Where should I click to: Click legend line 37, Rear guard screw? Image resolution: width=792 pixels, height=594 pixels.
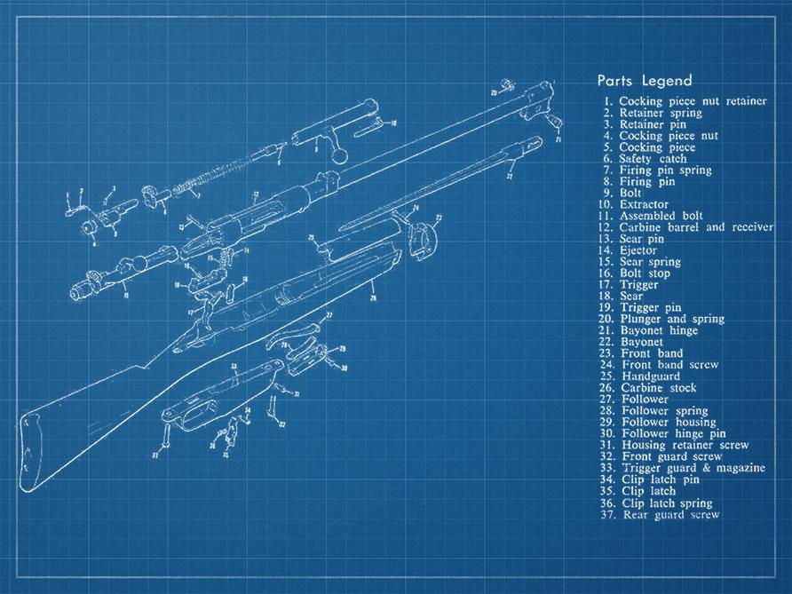(x=669, y=514)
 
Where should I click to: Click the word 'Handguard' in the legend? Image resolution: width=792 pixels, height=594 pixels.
(x=651, y=376)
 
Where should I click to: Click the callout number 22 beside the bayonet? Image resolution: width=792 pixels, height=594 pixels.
(x=509, y=176)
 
